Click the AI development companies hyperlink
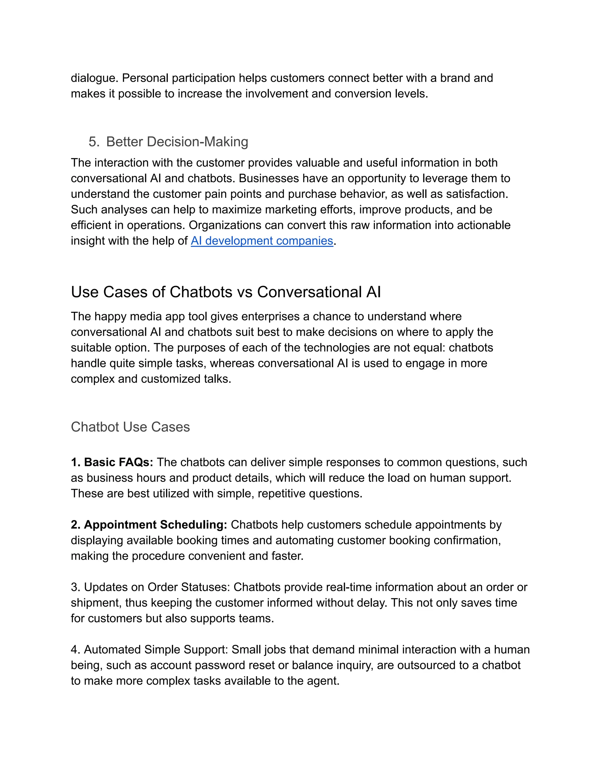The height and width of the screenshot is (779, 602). (x=262, y=241)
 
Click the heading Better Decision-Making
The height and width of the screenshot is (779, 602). (x=177, y=142)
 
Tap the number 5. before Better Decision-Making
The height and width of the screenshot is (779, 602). (x=94, y=142)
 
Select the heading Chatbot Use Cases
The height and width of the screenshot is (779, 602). (x=130, y=427)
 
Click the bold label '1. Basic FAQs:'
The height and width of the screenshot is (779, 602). (x=112, y=462)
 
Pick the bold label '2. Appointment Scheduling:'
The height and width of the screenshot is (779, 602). (x=149, y=525)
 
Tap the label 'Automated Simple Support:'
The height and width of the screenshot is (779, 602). (x=156, y=650)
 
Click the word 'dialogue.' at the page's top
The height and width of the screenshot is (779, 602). (x=95, y=78)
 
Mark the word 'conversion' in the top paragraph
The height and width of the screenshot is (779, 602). (x=363, y=94)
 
